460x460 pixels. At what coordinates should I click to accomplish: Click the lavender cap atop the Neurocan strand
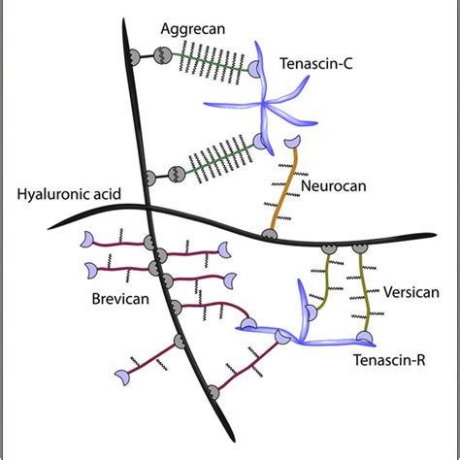point(290,144)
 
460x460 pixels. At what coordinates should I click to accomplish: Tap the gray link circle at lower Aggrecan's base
point(148,178)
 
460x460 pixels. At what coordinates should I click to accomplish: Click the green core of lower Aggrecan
point(209,160)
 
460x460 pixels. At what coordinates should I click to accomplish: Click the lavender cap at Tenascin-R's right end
point(363,338)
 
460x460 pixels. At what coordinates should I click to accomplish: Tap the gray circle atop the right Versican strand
point(360,249)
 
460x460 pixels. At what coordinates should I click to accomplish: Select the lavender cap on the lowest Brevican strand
point(122,374)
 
